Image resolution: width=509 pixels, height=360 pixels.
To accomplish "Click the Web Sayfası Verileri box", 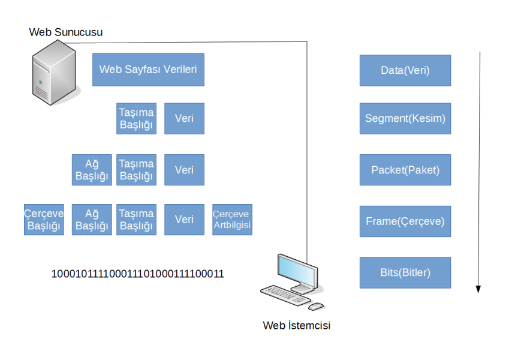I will click(148, 70).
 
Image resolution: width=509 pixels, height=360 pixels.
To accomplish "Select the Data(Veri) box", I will click(405, 70).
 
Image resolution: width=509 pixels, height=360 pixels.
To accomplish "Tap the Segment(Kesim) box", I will click(405, 118).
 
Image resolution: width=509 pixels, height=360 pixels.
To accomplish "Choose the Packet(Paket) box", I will click(405, 170).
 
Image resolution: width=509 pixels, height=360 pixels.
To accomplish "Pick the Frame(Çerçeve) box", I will click(405, 221).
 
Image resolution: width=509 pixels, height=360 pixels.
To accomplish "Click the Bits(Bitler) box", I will click(405, 273).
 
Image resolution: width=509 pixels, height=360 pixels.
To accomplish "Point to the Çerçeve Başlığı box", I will click(44, 220).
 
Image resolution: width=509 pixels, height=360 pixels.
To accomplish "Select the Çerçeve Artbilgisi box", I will click(232, 220).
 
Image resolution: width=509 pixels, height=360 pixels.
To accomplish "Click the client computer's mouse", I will click(316, 307).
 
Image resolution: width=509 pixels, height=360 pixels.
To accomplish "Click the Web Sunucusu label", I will click(65, 32).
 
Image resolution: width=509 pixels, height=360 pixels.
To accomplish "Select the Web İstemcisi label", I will click(297, 326).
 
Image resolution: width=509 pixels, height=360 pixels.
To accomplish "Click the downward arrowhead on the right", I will click(478, 289).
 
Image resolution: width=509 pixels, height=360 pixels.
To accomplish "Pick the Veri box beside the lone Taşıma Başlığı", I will click(184, 118).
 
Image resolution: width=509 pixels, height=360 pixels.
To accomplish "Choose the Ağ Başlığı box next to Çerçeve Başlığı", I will click(92, 220).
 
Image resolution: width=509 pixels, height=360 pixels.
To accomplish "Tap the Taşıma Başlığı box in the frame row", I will click(136, 220).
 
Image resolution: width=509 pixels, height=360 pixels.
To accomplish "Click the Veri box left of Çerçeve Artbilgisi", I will click(184, 220).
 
